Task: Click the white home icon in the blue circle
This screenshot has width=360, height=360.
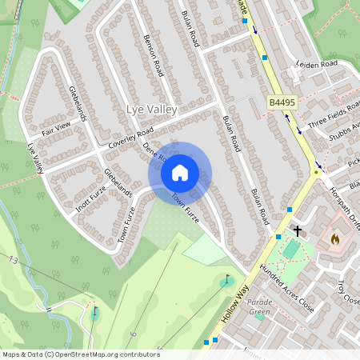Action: (x=180, y=172)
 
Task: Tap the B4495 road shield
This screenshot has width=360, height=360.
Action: (x=282, y=103)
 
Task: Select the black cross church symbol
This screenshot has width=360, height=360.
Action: (x=298, y=230)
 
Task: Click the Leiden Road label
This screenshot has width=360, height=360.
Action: (x=318, y=64)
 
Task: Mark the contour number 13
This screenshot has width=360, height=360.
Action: (x=13, y=261)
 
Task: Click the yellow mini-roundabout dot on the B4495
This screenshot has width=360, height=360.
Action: (x=317, y=171)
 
